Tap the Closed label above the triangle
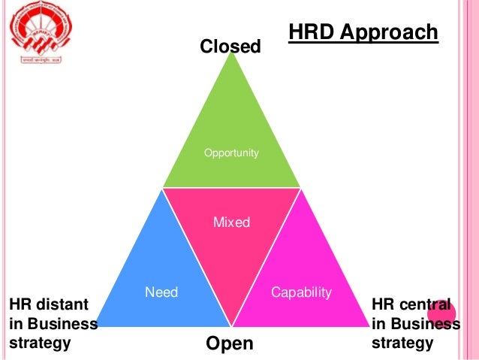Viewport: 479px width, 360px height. (230, 47)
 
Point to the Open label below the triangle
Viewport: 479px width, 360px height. (229, 343)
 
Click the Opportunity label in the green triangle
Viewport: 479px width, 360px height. (231, 153)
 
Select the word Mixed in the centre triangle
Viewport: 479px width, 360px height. (231, 222)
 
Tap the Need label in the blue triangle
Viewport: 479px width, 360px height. (161, 292)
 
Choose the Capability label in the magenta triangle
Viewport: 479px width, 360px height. (301, 292)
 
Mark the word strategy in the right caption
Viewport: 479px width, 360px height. (402, 343)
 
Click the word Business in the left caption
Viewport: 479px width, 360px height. (65, 325)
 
